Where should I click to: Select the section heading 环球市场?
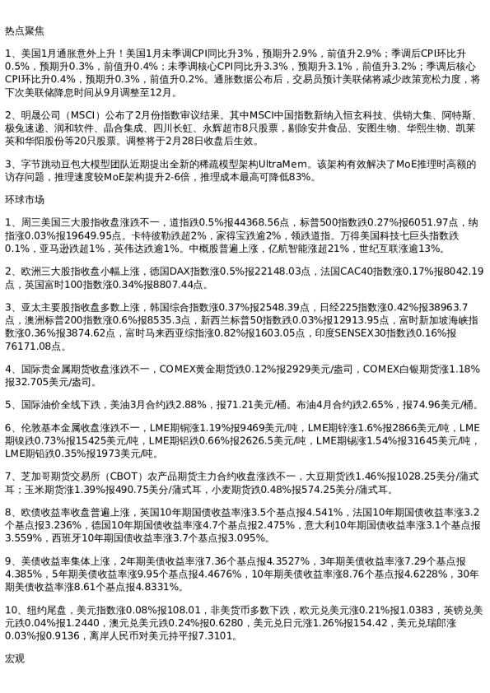[24, 200]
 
